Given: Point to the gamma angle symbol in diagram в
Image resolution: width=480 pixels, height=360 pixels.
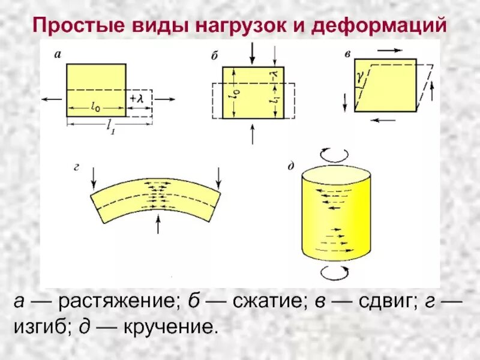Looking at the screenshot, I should coord(359,77).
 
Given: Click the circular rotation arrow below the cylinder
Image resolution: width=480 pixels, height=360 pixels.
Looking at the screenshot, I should coord(334,272).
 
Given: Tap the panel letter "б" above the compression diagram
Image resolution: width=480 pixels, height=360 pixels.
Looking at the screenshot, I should coord(214,56).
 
